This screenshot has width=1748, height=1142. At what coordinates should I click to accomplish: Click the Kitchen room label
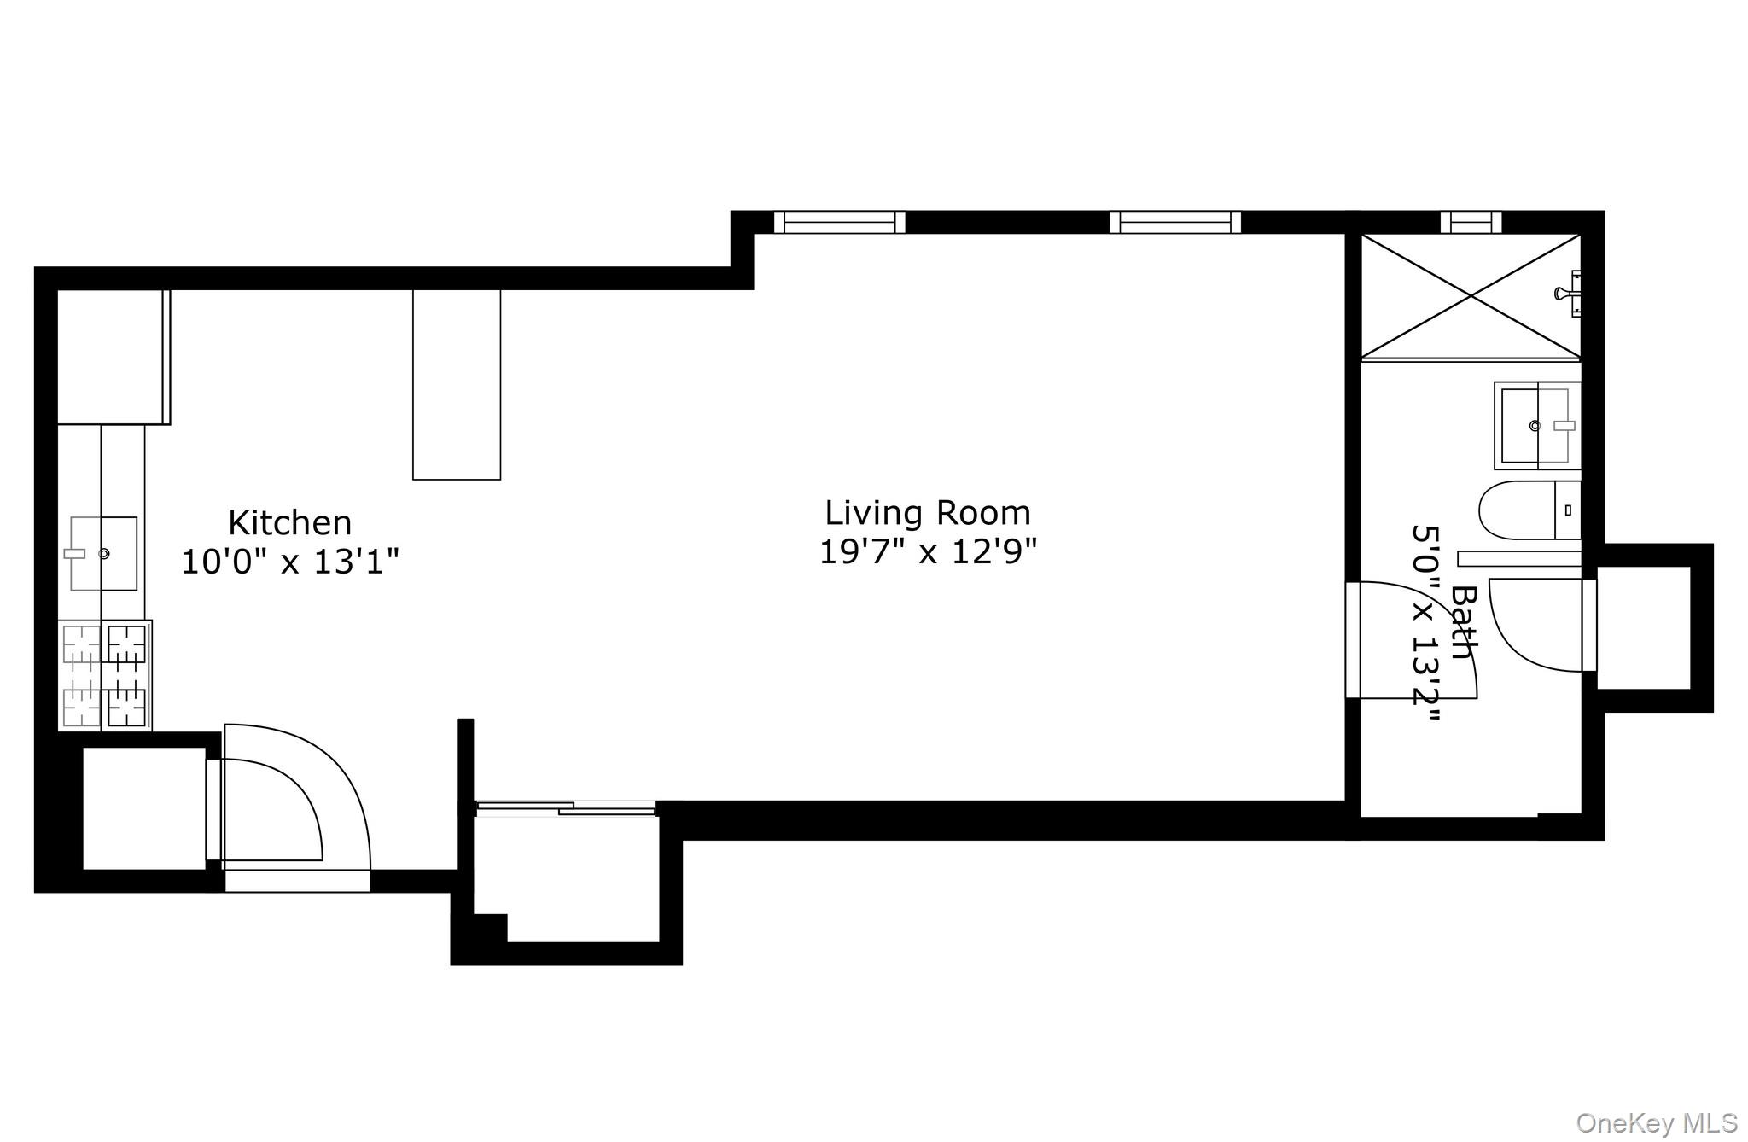[289, 522]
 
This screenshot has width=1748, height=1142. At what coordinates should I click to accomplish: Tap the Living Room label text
[927, 513]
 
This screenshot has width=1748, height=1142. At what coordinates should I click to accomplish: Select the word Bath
[1465, 621]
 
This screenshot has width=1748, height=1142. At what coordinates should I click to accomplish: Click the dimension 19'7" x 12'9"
[927, 552]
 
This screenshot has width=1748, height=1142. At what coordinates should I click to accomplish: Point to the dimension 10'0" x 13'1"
[289, 562]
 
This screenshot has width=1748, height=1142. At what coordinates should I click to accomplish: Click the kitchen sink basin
[103, 553]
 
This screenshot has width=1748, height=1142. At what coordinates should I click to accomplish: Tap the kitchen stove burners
[105, 675]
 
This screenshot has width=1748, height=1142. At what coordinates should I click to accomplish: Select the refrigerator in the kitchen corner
[112, 357]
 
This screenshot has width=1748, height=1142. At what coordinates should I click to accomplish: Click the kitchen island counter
[457, 384]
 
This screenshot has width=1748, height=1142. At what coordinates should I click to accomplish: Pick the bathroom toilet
[1528, 510]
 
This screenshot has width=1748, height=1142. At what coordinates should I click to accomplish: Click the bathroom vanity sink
[1535, 424]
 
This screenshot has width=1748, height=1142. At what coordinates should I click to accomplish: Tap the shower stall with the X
[1470, 295]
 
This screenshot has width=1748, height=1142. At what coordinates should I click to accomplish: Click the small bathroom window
[1470, 222]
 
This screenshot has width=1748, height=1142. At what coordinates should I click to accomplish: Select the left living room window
[839, 222]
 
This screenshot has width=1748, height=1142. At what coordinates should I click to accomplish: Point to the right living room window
[1175, 222]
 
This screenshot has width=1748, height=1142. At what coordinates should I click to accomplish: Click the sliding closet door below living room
[565, 807]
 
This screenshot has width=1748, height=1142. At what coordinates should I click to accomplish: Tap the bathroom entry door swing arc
[1417, 640]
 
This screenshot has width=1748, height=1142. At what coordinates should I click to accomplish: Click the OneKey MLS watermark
[1657, 1122]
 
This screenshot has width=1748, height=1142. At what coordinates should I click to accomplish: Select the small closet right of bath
[1643, 627]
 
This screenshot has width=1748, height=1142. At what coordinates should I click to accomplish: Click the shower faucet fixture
[1569, 294]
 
